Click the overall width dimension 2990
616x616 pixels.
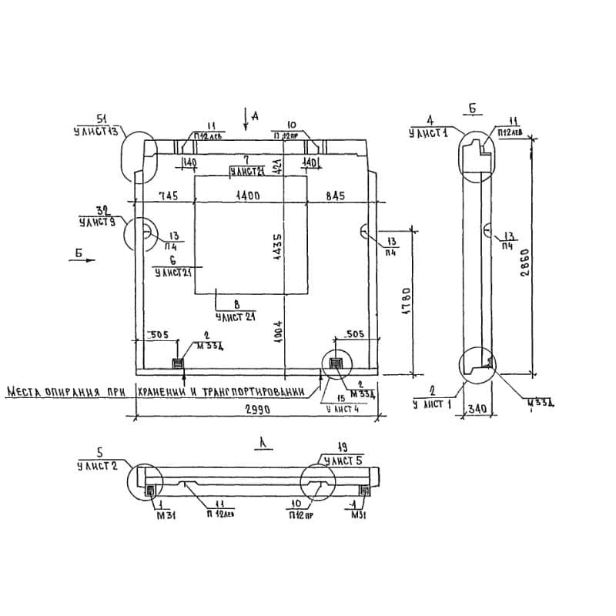(256, 410)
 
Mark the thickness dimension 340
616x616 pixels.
(477, 410)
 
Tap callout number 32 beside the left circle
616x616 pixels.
(100, 210)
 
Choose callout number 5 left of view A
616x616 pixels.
(99, 453)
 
